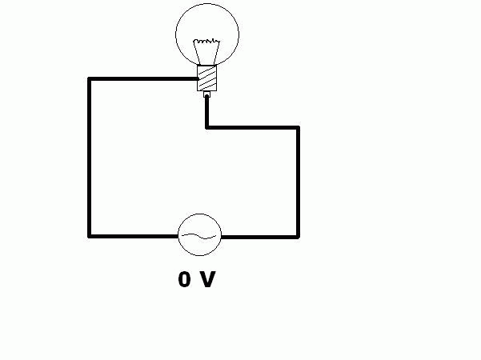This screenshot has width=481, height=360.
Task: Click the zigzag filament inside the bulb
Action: [206, 41]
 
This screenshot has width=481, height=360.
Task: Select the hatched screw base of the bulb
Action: [206, 78]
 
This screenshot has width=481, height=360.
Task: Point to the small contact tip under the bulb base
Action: [206, 94]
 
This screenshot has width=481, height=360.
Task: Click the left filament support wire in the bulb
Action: [196, 53]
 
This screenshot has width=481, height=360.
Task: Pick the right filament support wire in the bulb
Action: [217, 53]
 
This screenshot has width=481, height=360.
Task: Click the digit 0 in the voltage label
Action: [184, 279]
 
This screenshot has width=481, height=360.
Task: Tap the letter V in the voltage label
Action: [207, 279]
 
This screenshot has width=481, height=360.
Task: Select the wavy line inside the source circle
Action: [199, 236]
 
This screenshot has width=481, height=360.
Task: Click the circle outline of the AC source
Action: [200, 214]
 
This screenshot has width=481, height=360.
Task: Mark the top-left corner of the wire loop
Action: [90, 79]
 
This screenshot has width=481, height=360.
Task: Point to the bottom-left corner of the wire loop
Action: [90, 236]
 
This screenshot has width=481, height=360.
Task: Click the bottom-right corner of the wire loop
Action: [298, 237]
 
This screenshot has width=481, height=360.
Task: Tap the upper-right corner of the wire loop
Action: [298, 127]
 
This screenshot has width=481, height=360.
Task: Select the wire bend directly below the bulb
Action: [207, 127]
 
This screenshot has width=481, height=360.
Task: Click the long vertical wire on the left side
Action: [90, 158]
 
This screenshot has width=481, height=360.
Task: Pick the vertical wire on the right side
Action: [298, 182]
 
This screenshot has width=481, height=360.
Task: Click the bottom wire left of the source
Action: [134, 236]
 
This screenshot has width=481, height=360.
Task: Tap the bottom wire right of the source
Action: [260, 237]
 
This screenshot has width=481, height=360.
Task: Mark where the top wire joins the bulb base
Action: [198, 79]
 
